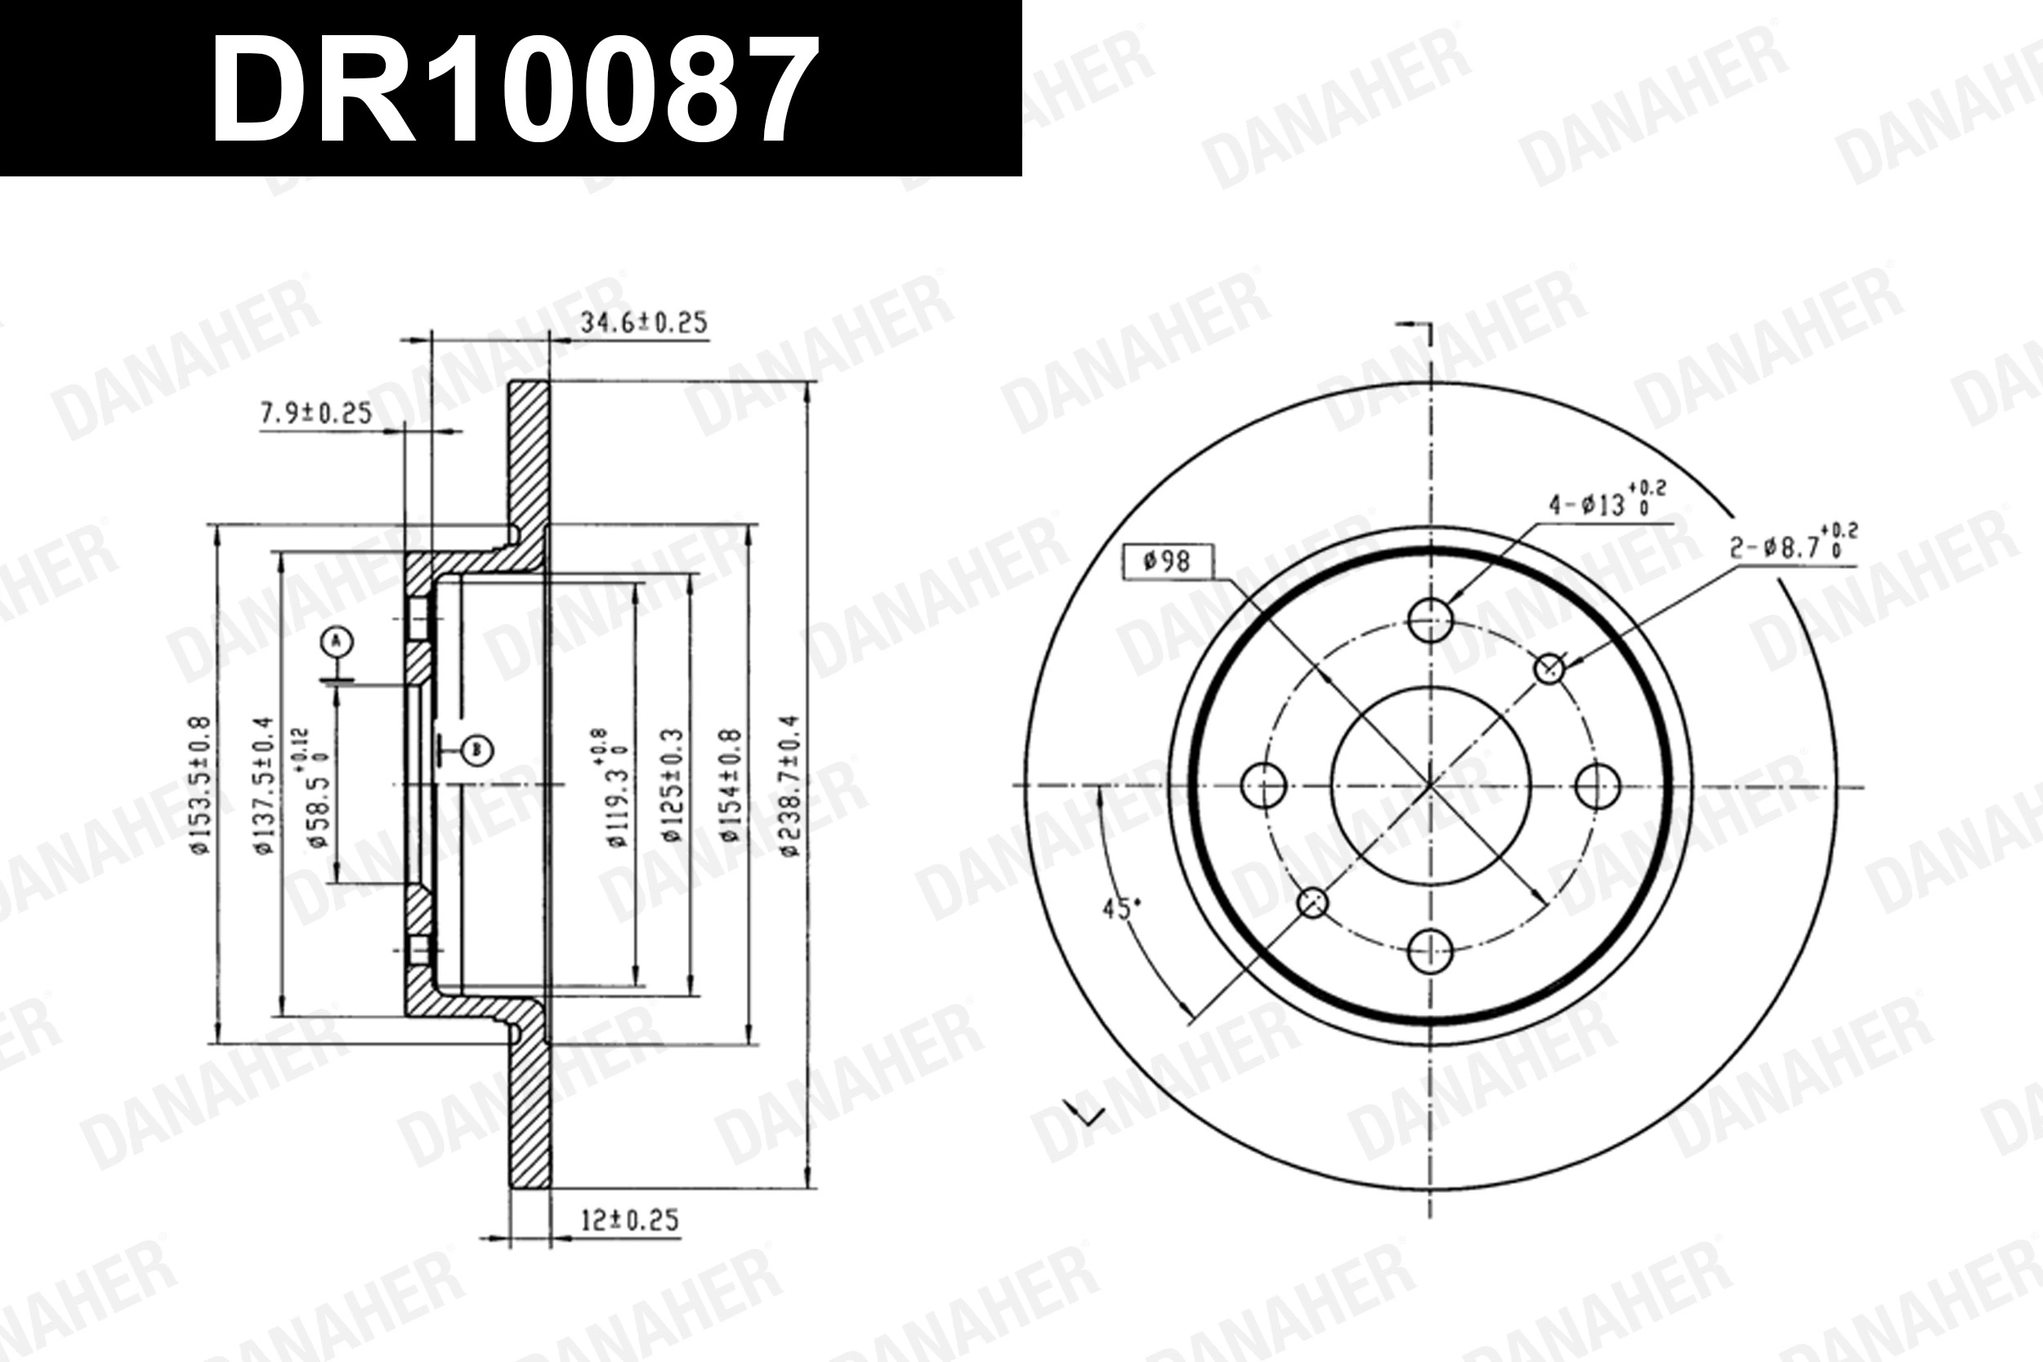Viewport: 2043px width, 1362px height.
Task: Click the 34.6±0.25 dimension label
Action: (644, 323)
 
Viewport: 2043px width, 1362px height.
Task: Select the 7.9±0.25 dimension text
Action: (316, 413)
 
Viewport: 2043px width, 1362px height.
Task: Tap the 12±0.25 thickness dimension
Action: (629, 1221)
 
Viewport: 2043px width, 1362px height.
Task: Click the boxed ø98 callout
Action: (1168, 562)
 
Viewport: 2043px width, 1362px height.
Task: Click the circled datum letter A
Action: (337, 642)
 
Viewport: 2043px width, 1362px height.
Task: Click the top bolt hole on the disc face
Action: (1430, 619)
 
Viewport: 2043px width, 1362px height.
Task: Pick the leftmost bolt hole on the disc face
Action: (1264, 785)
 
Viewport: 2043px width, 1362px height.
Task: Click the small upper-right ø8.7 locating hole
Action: (1549, 669)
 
